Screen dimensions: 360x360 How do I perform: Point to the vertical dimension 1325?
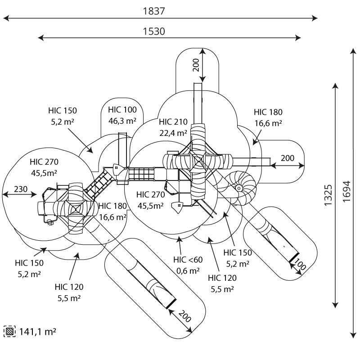[328, 194]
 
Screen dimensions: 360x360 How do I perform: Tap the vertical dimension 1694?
[346, 194]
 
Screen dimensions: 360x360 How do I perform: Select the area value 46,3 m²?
[122, 121]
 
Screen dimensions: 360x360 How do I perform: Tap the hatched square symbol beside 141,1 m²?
[9, 332]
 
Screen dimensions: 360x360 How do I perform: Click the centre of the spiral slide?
[240, 188]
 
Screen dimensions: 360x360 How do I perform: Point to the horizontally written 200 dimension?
[288, 158]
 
